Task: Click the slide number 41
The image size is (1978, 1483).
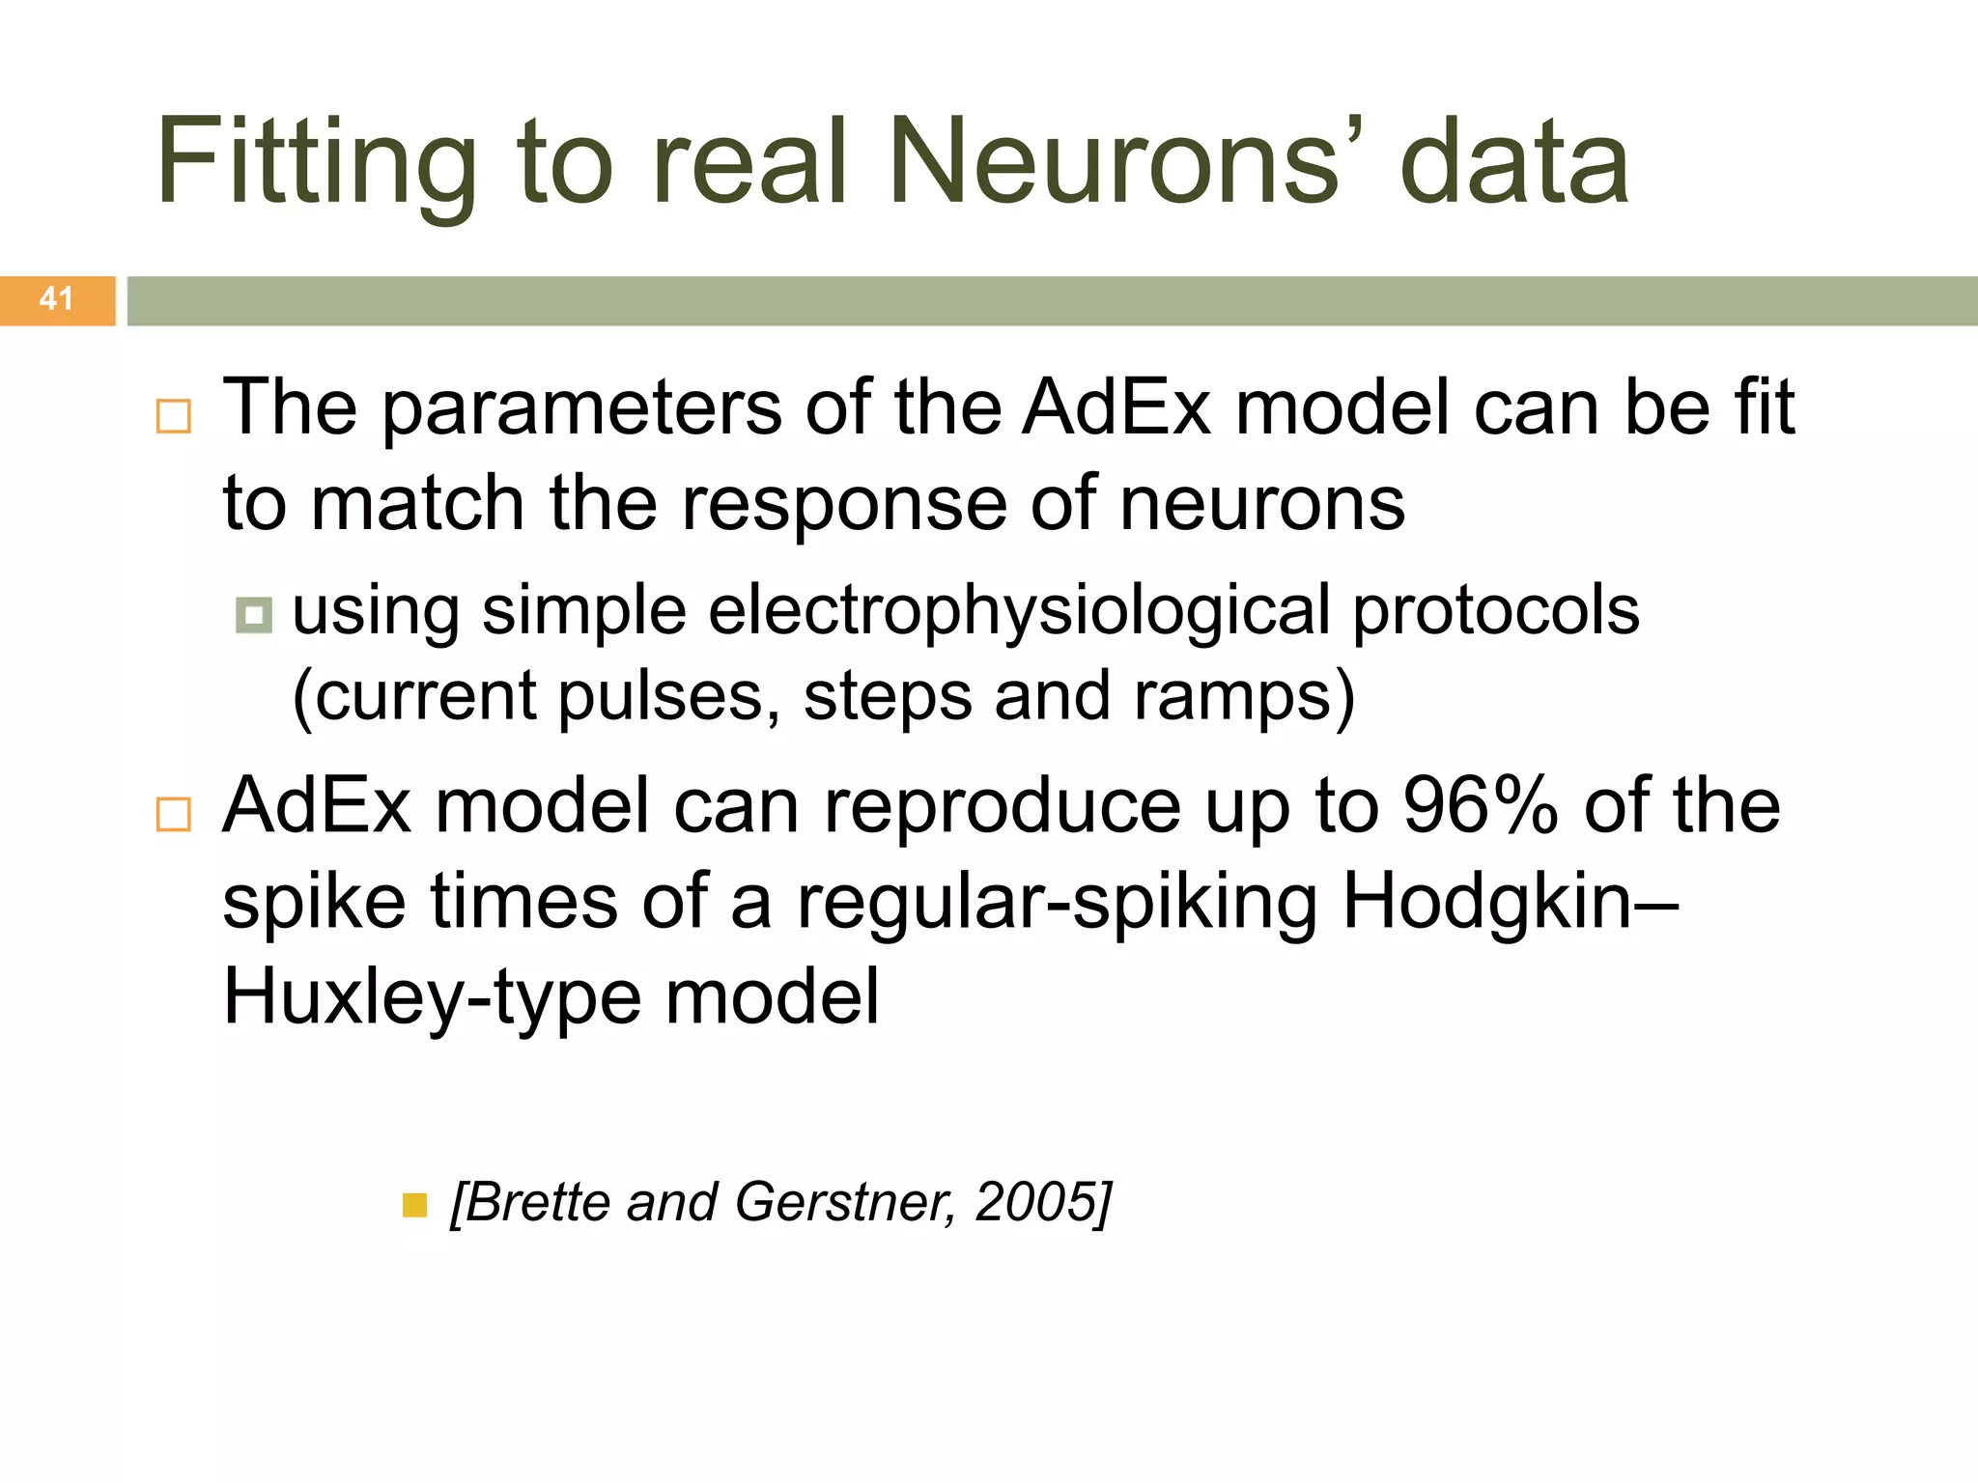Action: pyautogui.click(x=56, y=298)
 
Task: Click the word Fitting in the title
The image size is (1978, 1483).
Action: pyautogui.click(x=317, y=162)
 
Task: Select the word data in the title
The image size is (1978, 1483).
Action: pyautogui.click(x=1514, y=162)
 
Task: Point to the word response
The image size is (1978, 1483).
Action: pyautogui.click(x=843, y=504)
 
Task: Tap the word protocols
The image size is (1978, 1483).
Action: pyautogui.click(x=1495, y=612)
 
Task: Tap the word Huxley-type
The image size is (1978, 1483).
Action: pyautogui.click(x=432, y=998)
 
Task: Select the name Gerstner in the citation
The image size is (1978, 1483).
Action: pyautogui.click(x=843, y=1202)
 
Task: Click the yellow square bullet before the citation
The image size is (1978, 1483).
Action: pyautogui.click(x=414, y=1206)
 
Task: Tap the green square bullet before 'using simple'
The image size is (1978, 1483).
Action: pyautogui.click(x=254, y=615)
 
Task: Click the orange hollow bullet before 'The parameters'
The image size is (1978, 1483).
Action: pyautogui.click(x=174, y=417)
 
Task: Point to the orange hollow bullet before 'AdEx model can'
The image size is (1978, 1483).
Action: pyautogui.click(x=174, y=815)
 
